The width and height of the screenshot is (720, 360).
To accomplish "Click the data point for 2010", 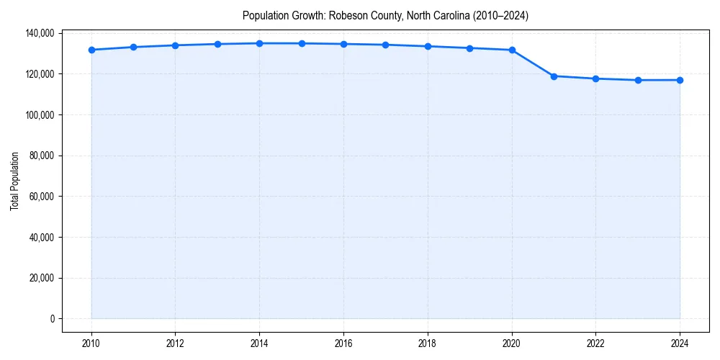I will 91,50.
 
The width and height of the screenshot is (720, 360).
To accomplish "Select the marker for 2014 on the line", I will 259,43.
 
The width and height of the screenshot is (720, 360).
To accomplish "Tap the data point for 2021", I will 554,76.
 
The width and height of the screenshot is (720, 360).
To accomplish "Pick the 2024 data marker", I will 680,80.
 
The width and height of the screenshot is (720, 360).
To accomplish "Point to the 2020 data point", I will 512,50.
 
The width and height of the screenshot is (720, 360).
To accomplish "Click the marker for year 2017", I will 386,45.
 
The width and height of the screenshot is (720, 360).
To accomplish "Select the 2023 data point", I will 638,80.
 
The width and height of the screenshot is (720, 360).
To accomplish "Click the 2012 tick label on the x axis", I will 175,343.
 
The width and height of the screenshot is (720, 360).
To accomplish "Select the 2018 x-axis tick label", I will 428,343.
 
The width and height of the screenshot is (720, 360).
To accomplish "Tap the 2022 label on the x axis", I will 595,343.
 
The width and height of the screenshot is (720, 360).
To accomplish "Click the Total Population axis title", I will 14,181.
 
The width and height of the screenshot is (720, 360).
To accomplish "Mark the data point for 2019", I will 469,48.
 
